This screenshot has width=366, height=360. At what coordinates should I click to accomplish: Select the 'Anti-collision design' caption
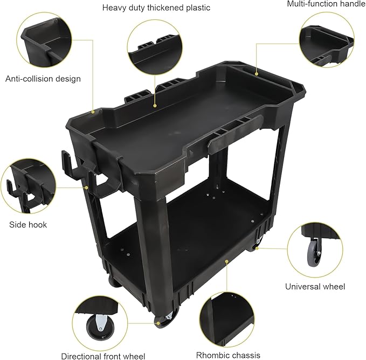(43, 79)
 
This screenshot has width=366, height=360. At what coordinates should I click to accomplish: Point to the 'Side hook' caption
(28, 224)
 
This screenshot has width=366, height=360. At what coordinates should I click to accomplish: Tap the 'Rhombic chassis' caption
(229, 355)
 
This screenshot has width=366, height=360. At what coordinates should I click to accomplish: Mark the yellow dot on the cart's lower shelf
(227, 261)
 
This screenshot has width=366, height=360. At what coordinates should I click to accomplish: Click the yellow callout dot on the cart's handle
(257, 74)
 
